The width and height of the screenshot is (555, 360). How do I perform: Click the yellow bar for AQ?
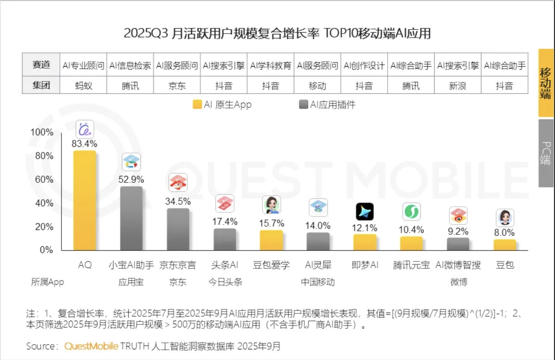[x=85, y=200]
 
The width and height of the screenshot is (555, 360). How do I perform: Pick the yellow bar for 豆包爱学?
[x=271, y=240]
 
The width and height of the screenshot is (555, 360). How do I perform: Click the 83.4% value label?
[x=85, y=144]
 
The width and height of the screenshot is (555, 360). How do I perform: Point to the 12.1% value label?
[x=365, y=228]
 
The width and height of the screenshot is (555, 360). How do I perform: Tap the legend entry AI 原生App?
[x=222, y=105]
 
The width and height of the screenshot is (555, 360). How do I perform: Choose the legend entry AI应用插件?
[x=327, y=105]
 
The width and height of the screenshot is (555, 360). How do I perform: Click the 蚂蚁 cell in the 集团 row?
[x=83, y=85]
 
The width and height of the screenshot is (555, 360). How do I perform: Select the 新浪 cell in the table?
[x=458, y=85]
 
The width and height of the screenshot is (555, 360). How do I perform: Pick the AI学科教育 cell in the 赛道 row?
[x=271, y=65]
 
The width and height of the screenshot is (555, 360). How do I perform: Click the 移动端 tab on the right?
[x=546, y=83]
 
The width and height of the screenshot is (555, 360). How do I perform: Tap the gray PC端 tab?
[x=546, y=153]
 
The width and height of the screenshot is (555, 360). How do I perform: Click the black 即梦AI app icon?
[x=365, y=211]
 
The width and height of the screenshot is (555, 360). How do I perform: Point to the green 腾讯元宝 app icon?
[x=411, y=211]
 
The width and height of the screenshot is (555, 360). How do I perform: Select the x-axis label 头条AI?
[x=224, y=265]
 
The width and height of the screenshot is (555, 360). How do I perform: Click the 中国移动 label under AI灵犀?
[x=318, y=282]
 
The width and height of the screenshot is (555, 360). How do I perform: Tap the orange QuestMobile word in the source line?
[x=91, y=346]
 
